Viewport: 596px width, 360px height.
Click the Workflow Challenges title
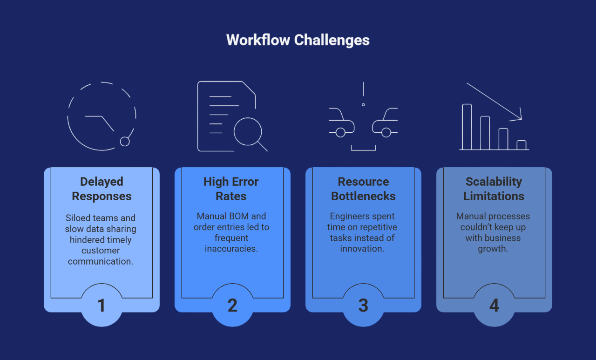click(298, 40)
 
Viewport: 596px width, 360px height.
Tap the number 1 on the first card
click(102, 306)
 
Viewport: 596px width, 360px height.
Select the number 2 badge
click(232, 306)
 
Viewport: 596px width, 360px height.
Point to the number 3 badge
click(363, 306)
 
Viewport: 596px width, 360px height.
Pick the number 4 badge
click(494, 306)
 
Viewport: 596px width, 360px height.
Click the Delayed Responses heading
click(102, 189)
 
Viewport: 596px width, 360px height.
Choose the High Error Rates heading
click(231, 189)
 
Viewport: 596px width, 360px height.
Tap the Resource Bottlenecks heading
click(363, 189)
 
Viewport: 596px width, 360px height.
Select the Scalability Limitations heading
click(494, 189)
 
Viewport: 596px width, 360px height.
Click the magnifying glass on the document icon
click(248, 132)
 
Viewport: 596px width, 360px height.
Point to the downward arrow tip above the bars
click(520, 118)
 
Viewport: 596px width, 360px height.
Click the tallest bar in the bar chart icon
click(467, 127)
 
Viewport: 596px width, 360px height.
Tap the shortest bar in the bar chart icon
click(521, 145)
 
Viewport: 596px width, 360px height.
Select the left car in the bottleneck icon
click(341, 123)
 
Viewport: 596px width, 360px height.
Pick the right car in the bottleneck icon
click(385, 123)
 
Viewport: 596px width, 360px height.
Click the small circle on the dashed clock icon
click(125, 141)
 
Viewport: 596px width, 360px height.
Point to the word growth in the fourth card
click(493, 249)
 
